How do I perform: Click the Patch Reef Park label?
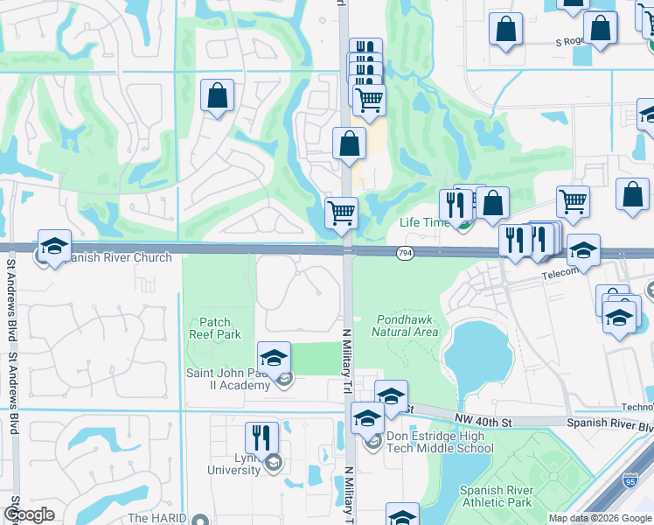pyautogui.click(x=214, y=328)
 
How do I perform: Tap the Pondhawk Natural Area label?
pyautogui.click(x=405, y=325)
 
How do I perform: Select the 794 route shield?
pyautogui.click(x=404, y=252)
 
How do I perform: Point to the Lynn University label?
pyautogui.click(x=233, y=464)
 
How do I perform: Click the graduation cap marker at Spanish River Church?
pyautogui.click(x=54, y=248)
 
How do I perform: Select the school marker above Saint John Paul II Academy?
pyautogui.click(x=274, y=357)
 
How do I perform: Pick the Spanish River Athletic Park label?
pyautogui.click(x=496, y=497)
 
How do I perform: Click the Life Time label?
pyautogui.click(x=424, y=222)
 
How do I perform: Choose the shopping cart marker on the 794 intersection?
pyautogui.click(x=341, y=213)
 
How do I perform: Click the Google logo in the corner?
pyautogui.click(x=29, y=514)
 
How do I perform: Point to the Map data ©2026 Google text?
pyautogui.click(x=600, y=518)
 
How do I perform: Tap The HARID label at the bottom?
pyautogui.click(x=157, y=518)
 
